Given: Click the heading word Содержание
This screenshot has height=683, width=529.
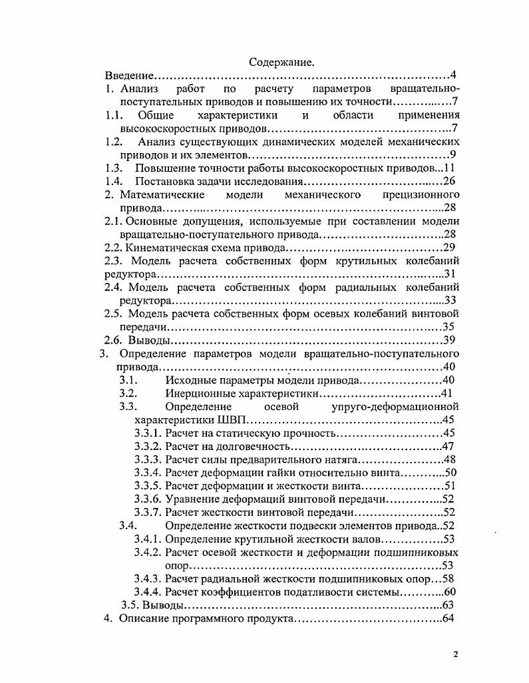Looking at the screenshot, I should tap(281, 62).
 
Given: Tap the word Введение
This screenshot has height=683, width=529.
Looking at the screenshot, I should tap(130, 75).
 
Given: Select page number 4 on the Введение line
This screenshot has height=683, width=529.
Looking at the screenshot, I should tap(452, 75).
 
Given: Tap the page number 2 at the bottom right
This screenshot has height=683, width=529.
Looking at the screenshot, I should tap(456, 654).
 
